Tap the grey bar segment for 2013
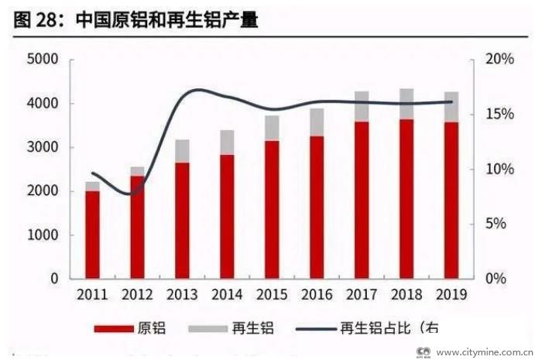tap(183, 151)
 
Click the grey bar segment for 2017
tap(362, 107)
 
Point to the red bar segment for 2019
tap(451, 200)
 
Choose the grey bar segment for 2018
tap(406, 104)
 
